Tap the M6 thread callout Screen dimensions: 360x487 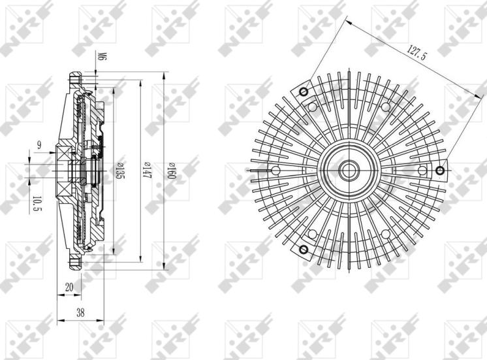[102, 57]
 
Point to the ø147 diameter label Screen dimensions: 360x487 [147, 171]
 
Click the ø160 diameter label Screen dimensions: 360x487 [170, 171]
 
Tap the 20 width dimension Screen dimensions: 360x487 [69, 287]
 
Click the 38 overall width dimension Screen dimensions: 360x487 [80, 312]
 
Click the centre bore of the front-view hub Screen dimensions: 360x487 [347, 171]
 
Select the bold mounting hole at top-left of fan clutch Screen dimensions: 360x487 [302, 91]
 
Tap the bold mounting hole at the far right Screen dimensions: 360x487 [441, 171]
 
